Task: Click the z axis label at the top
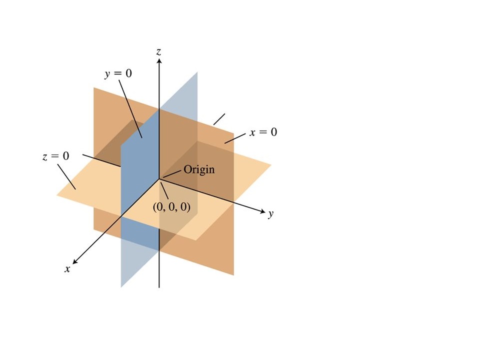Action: (x=158, y=51)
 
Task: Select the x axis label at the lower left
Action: (x=67, y=269)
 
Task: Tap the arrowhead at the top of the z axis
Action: (x=159, y=61)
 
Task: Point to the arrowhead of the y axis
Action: (x=262, y=211)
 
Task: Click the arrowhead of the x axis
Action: (x=74, y=261)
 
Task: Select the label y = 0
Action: (x=118, y=74)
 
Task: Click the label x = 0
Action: (x=263, y=132)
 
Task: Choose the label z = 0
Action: (x=55, y=156)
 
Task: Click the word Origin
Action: (x=199, y=169)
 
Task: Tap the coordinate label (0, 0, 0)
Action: (x=171, y=207)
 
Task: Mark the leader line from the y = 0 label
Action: (x=130, y=109)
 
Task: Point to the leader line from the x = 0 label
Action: (x=235, y=138)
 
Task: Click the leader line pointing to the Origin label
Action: (x=172, y=173)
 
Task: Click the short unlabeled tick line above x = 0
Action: (x=219, y=119)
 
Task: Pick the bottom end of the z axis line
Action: (x=159, y=288)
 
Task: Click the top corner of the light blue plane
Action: (x=197, y=72)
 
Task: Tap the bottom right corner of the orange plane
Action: (x=234, y=275)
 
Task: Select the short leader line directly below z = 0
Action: (x=66, y=177)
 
